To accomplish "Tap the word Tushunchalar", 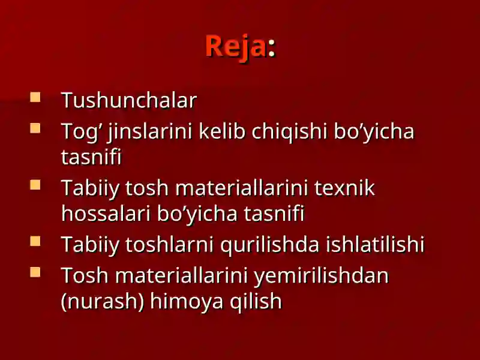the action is click(129, 100).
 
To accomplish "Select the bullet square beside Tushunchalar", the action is click(35, 97).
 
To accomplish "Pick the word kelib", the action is click(222, 131).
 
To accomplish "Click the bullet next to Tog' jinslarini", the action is click(35, 128).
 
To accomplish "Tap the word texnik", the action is click(344, 188).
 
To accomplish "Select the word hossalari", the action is click(106, 214).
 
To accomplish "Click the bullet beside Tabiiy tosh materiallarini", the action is click(35, 185).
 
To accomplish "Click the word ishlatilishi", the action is click(375, 244).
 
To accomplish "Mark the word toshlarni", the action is click(169, 244).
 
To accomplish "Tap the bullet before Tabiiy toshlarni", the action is click(35, 241).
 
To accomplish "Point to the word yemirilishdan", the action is click(322, 277).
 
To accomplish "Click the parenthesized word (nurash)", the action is click(103, 302).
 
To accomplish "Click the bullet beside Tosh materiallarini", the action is click(35, 272).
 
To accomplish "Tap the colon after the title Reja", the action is click(272, 49).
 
